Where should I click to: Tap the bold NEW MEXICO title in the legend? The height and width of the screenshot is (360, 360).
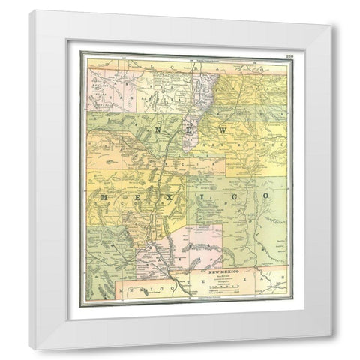pos(226,268)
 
